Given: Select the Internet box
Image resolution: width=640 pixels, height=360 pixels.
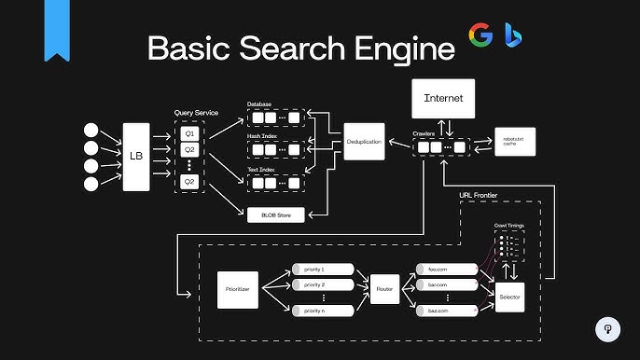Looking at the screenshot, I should pyautogui.click(x=443, y=98).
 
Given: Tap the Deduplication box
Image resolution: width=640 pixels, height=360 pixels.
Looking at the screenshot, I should pyautogui.click(x=365, y=141).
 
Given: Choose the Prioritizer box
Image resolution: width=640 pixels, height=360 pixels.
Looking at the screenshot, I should pyautogui.click(x=237, y=290).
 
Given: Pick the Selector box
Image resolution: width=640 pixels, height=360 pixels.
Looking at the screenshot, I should pyautogui.click(x=510, y=297).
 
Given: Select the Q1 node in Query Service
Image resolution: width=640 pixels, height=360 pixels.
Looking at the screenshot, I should pyautogui.click(x=189, y=133).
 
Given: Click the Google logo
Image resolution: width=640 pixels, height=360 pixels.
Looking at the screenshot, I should pyautogui.click(x=480, y=37).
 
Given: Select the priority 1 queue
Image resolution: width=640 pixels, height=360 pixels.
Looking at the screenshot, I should pyautogui.click(x=323, y=269).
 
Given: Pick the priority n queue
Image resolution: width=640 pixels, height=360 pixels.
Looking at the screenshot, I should pyautogui.click(x=323, y=309).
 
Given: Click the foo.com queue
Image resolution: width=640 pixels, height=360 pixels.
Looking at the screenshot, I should pyautogui.click(x=445, y=269).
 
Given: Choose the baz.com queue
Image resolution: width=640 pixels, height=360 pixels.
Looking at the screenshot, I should pyautogui.click(x=445, y=309).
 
